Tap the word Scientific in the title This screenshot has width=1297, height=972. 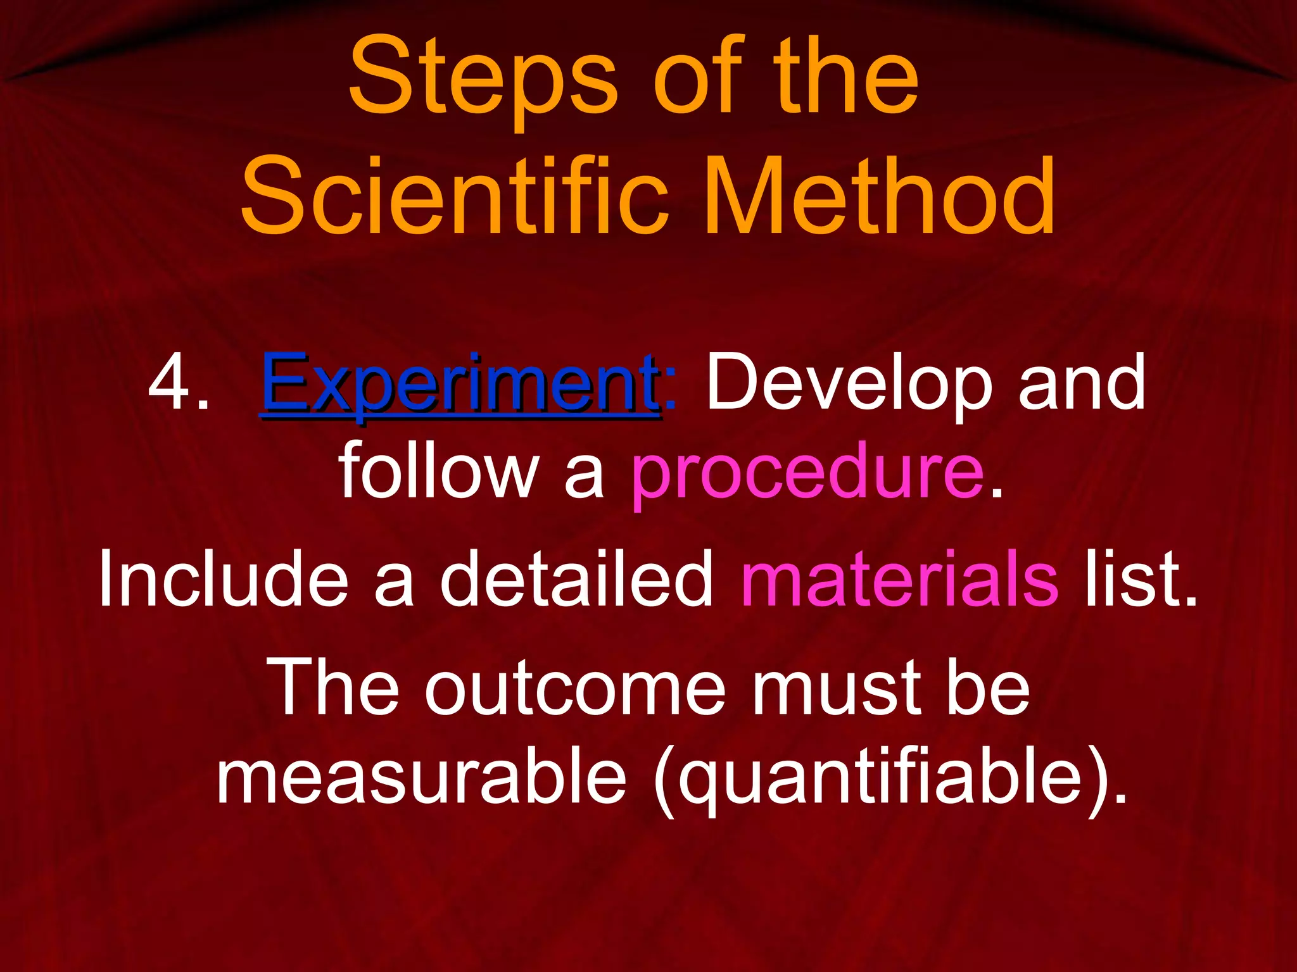click(x=454, y=196)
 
